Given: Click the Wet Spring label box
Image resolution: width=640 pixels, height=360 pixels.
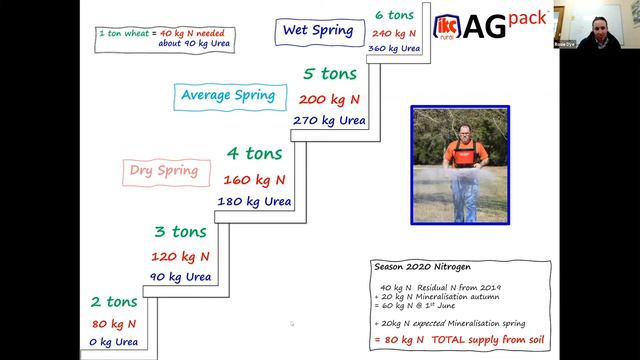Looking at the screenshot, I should tap(317, 30).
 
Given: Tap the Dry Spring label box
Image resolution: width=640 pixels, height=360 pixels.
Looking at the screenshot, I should tap(162, 170).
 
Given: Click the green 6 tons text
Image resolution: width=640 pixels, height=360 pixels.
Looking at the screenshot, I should tap(394, 14).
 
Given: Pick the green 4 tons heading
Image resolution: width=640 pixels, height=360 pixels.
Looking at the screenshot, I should tap(254, 154).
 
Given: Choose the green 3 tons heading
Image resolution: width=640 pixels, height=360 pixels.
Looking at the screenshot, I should tap(180, 232).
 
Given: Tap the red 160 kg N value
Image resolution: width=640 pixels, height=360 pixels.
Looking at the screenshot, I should tap(254, 181).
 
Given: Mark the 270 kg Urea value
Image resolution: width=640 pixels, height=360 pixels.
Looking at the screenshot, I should tap(329, 121).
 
